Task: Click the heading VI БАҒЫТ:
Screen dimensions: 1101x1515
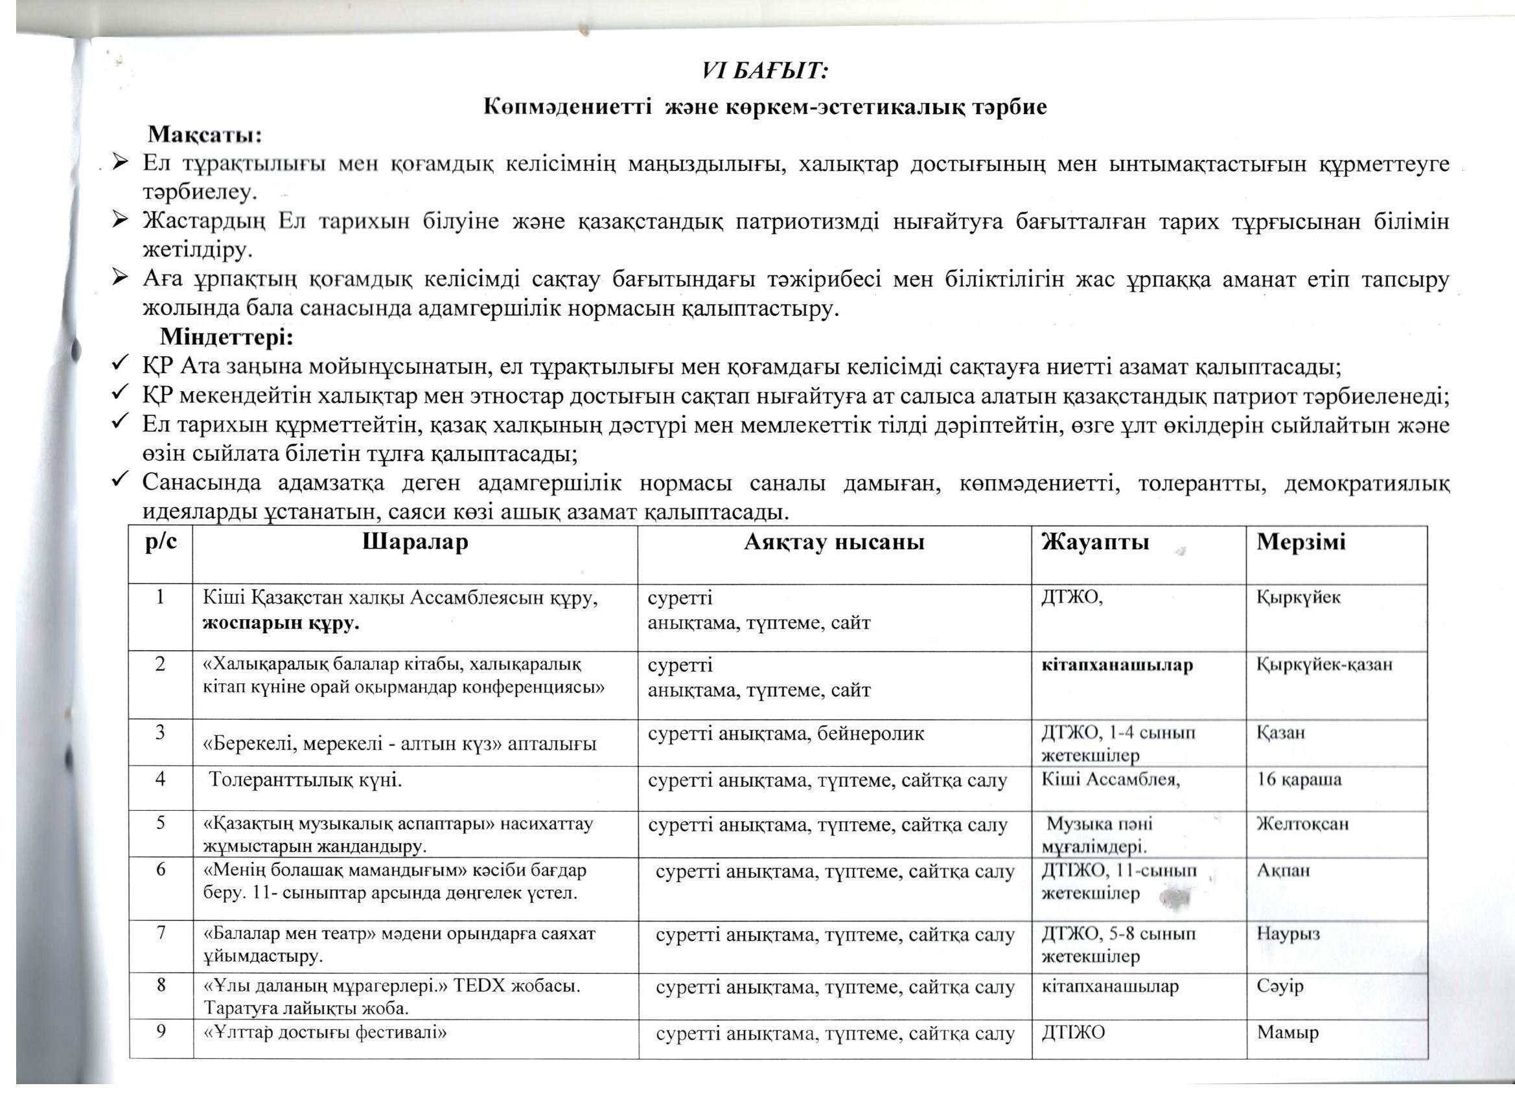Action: [765, 71]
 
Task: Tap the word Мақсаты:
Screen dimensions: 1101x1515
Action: [204, 135]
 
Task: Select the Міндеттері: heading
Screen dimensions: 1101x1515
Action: [226, 337]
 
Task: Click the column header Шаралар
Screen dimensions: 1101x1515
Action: [415, 541]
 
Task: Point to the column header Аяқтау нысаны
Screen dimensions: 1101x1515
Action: [834, 542]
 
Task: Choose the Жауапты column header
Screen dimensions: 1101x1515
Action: [1095, 541]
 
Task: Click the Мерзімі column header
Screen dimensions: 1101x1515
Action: [1301, 541]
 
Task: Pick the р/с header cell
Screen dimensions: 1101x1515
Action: [161, 541]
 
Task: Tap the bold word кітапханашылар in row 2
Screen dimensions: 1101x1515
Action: [1117, 665]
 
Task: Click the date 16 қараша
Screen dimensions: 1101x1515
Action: [1299, 779]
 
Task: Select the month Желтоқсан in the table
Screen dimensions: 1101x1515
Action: [1302, 824]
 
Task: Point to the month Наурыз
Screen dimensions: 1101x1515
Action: [1289, 933]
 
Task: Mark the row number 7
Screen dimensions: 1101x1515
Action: [161, 932]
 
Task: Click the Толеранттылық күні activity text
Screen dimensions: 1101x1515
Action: [306, 779]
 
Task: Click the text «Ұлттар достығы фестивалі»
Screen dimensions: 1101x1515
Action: [325, 1032]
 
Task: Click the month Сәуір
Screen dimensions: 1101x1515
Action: [1280, 986]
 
